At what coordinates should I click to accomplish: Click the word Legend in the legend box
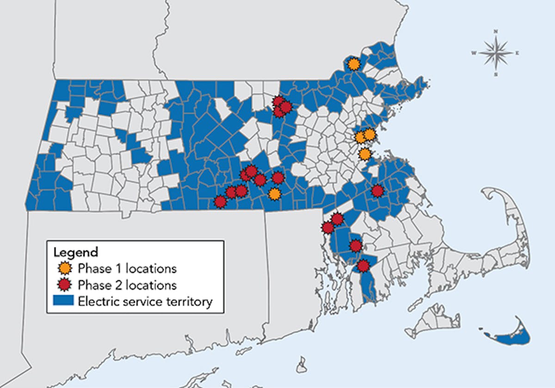(76, 253)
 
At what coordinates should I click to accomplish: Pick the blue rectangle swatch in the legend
(64, 302)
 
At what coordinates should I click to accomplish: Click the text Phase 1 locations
(127, 268)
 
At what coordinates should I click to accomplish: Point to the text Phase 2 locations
(127, 283)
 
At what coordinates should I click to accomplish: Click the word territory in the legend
(191, 302)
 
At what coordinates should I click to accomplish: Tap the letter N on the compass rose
(496, 31)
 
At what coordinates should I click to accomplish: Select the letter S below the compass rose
(496, 74)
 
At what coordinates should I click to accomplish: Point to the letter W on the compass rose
(474, 53)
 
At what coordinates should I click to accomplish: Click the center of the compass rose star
(495, 53)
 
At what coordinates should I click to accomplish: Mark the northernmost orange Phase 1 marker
(354, 64)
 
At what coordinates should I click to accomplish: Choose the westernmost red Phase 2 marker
(220, 202)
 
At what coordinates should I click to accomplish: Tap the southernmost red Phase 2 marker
(363, 266)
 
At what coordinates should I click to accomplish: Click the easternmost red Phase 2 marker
(377, 191)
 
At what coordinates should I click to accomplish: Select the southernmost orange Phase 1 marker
(275, 194)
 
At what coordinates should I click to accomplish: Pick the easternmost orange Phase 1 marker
(370, 135)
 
